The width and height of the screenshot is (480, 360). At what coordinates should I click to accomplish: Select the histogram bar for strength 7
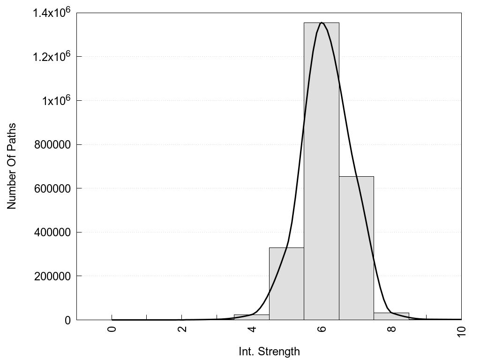[x=356, y=248]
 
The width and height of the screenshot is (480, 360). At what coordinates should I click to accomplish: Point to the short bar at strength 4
[x=251, y=317]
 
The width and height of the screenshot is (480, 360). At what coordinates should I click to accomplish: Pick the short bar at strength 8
[x=391, y=316]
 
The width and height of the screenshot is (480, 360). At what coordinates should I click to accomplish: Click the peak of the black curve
[x=322, y=22]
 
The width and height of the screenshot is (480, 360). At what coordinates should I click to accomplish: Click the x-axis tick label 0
[x=112, y=329]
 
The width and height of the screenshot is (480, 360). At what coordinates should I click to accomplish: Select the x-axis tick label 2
[x=182, y=329]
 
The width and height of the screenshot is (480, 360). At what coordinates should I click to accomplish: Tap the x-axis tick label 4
[x=252, y=329]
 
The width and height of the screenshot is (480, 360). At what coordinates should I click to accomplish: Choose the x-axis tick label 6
[x=322, y=329]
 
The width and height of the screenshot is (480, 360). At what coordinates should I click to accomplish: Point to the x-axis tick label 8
[x=392, y=329]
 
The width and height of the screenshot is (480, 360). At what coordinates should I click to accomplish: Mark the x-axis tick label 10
[x=462, y=330]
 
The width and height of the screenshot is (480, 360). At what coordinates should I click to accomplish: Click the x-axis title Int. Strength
[x=269, y=351]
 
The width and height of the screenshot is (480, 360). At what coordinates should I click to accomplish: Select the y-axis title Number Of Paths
[x=12, y=166]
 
